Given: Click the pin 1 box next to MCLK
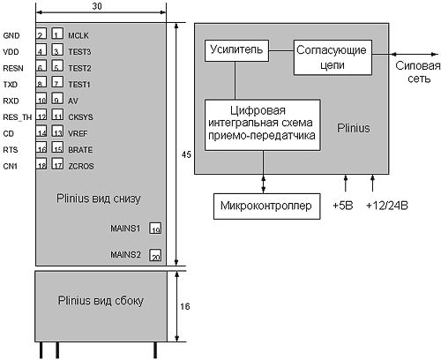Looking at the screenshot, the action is (x=57, y=34).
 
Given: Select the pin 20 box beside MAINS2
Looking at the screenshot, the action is (x=155, y=255).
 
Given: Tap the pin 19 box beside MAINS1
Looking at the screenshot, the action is (x=155, y=229).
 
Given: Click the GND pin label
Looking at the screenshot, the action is (x=11, y=35).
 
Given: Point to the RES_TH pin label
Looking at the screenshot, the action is (x=17, y=117).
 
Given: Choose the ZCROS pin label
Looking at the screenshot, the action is (x=81, y=166).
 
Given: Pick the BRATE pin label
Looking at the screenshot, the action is (x=80, y=150).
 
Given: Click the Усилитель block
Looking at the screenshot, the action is (x=236, y=50).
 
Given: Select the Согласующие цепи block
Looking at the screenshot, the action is (x=333, y=57).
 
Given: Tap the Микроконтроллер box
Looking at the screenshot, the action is (x=266, y=206).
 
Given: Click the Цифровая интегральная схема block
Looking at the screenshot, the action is (x=262, y=125).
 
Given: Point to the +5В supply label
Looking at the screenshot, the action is (x=343, y=206).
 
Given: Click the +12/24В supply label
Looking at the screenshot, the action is (x=387, y=206).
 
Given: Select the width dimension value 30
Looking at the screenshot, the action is (x=97, y=6).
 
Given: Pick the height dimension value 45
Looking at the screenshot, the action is (x=186, y=154).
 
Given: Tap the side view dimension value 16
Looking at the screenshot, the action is (x=185, y=306).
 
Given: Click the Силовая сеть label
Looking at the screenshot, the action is (x=418, y=72).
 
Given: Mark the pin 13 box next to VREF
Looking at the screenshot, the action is (x=57, y=131).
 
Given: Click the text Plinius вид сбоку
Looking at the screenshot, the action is (x=101, y=301).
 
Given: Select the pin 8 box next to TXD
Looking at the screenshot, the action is (x=41, y=82).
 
